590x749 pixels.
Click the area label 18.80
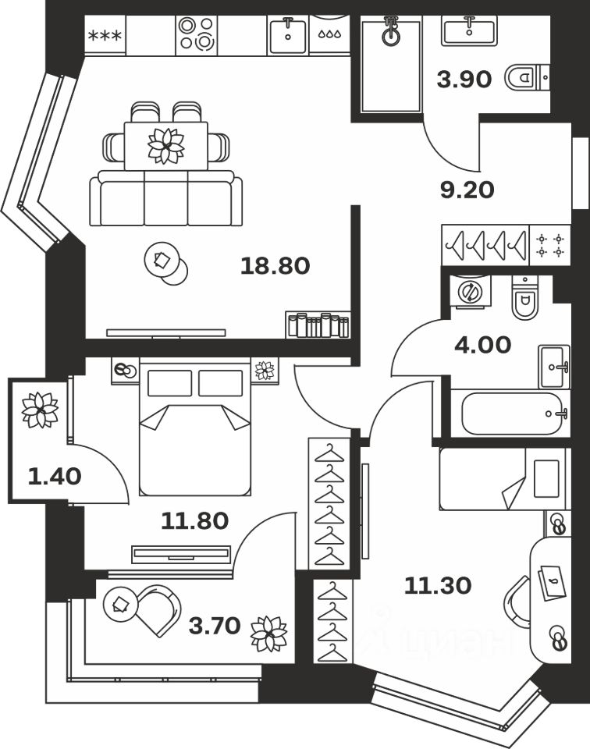coord(275,266)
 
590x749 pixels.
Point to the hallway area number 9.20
coord(467,190)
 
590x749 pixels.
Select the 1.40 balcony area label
coord(55,475)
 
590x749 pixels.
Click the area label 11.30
coord(437,585)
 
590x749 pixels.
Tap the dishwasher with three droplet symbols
coord(329,35)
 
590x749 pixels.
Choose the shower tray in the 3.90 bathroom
coord(391,66)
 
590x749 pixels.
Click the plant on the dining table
coord(165,145)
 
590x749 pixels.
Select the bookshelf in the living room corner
coord(318,324)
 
